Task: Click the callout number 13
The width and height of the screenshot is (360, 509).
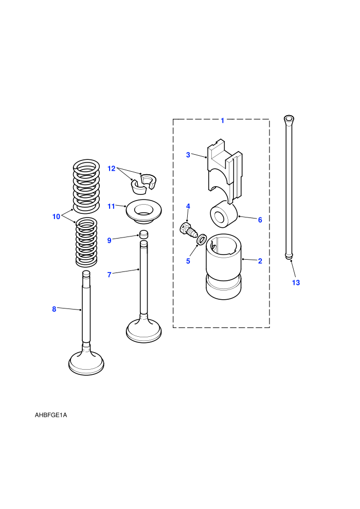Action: click(x=296, y=282)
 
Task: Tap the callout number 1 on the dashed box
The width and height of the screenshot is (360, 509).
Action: click(x=222, y=120)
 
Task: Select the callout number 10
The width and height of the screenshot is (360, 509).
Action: click(x=56, y=216)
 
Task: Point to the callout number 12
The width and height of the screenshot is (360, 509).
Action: click(x=112, y=169)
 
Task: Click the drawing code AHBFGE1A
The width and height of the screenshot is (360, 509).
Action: click(x=51, y=415)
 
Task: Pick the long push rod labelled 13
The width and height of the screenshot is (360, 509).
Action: click(x=289, y=187)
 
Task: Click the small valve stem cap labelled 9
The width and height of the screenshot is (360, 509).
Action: click(x=143, y=234)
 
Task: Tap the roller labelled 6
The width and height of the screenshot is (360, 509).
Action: click(x=224, y=214)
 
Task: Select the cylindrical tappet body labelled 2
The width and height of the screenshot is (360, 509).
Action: click(x=224, y=266)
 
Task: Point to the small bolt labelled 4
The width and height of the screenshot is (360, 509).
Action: click(x=188, y=229)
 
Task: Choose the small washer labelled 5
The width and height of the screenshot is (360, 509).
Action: click(x=201, y=240)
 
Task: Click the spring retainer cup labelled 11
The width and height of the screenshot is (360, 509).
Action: click(x=143, y=212)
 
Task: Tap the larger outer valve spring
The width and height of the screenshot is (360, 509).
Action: click(x=86, y=186)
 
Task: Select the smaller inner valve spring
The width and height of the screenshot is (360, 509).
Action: click(x=86, y=242)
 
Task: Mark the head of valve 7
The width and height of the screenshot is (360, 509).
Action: click(x=143, y=331)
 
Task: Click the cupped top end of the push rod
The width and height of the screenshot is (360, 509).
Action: click(x=289, y=119)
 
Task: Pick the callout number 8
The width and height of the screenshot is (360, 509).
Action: click(x=54, y=309)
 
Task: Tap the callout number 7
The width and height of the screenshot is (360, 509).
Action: click(x=110, y=275)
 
